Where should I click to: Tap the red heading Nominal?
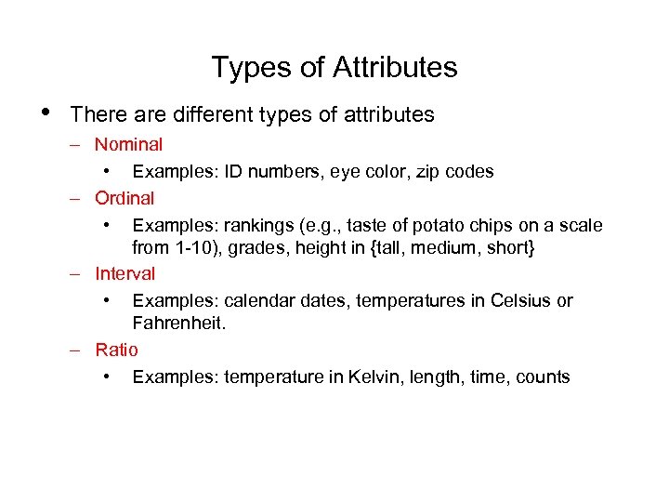pyautogui.click(x=128, y=144)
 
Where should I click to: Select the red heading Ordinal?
pyautogui.click(x=125, y=198)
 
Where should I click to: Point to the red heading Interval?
pyautogui.click(x=125, y=273)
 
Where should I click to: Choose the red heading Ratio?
pyautogui.click(x=116, y=350)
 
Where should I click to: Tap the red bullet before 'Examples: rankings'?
pyautogui.click(x=109, y=224)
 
